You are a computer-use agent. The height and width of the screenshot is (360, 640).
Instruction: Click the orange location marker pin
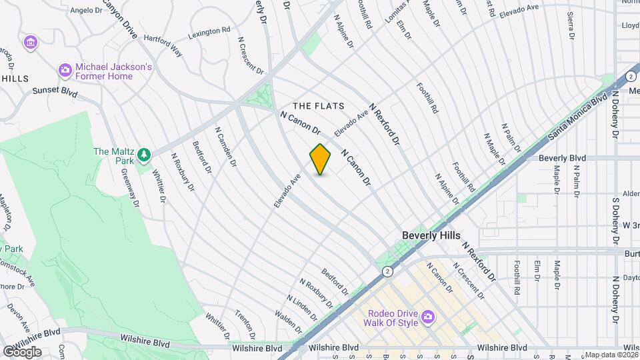click(x=321, y=159)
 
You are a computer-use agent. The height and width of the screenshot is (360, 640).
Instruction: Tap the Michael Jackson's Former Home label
click(x=113, y=71)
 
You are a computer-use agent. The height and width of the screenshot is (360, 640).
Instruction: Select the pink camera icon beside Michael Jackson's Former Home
click(x=65, y=69)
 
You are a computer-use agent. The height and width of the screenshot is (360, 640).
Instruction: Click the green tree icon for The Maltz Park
click(x=144, y=155)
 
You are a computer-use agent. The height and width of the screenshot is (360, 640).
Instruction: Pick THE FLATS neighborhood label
click(x=319, y=106)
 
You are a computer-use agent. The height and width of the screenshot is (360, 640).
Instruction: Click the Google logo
click(x=21, y=351)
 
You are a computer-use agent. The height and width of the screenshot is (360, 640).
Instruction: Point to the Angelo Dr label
click(x=85, y=10)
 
